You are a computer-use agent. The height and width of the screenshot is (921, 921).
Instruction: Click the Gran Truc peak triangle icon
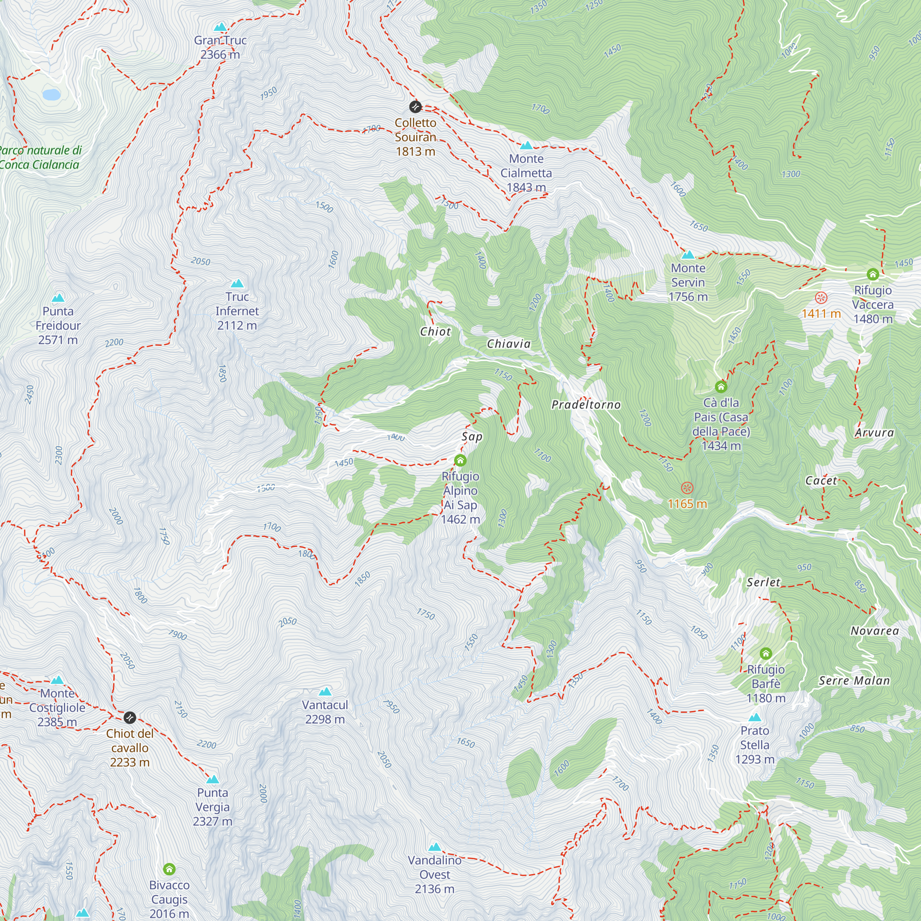(220, 27)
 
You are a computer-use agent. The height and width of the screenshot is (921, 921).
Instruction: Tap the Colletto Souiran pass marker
(415, 106)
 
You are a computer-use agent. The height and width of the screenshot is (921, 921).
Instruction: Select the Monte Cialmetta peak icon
(526, 146)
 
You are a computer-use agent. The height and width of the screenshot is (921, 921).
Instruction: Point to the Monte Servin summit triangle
(688, 255)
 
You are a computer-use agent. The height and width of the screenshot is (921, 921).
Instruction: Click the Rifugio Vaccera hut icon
(872, 274)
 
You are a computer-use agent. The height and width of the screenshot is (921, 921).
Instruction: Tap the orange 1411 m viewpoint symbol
(821, 298)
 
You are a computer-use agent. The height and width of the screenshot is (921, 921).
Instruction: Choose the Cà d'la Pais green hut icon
(721, 386)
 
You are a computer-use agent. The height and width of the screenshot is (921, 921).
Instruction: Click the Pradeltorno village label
(586, 405)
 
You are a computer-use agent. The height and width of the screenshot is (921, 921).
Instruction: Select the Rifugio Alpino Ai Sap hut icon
(460, 460)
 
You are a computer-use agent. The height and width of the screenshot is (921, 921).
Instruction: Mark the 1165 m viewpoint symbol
(687, 488)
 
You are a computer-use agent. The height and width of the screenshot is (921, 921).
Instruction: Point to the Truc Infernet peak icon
(237, 284)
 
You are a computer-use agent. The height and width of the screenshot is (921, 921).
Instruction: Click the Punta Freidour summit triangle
(58, 298)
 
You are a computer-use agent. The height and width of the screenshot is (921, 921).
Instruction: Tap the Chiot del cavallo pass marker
(130, 717)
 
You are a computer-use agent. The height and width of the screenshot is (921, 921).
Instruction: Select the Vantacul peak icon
(325, 692)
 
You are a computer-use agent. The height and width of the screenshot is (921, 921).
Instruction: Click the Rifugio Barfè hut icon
(766, 653)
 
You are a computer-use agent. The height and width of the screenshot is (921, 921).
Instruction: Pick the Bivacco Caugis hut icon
(169, 869)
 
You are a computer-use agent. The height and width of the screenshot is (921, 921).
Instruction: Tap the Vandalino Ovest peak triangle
(435, 847)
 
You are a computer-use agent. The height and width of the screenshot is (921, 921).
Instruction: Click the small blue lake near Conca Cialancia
(52, 94)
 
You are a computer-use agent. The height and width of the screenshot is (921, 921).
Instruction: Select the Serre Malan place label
(854, 681)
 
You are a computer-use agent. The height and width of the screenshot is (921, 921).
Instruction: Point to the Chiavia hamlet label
(509, 344)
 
